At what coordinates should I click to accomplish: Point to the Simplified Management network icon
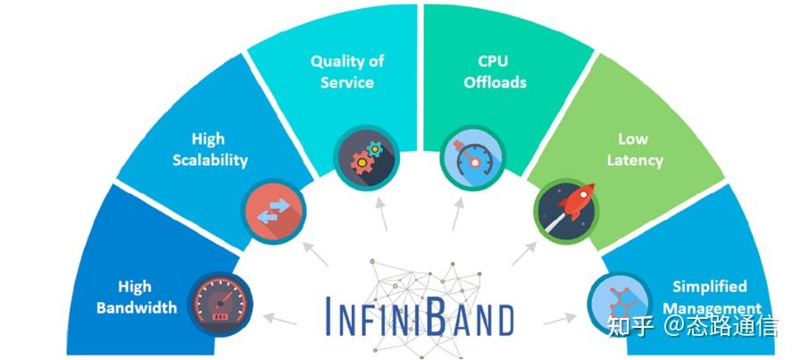click(x=614, y=301)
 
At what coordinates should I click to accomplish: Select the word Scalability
click(x=208, y=160)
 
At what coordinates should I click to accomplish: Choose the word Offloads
click(x=496, y=82)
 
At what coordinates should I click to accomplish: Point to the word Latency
click(x=635, y=160)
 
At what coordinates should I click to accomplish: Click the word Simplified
click(x=709, y=287)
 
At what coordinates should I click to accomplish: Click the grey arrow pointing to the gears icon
click(x=381, y=212)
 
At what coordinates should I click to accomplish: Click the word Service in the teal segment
click(x=347, y=82)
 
